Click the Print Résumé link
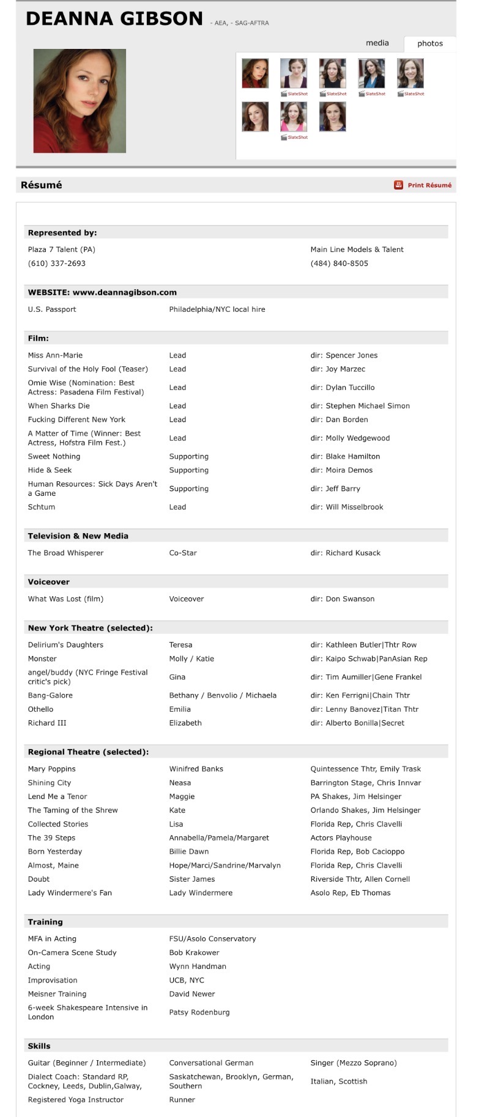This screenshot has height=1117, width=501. pyautogui.click(x=429, y=185)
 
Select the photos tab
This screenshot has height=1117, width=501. pyautogui.click(x=429, y=43)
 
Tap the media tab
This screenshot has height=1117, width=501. pyautogui.click(x=377, y=43)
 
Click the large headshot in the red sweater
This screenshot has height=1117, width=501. pyautogui.click(x=80, y=101)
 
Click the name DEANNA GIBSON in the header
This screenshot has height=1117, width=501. pyautogui.click(x=114, y=19)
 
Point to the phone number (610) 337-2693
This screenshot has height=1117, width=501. pyautogui.click(x=57, y=264)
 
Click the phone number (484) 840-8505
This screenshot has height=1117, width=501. pyautogui.click(x=339, y=264)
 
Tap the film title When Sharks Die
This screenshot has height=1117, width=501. pyautogui.click(x=59, y=406)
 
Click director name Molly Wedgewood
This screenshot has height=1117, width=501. pyautogui.click(x=357, y=438)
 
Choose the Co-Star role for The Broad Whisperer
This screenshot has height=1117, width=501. pyautogui.click(x=183, y=553)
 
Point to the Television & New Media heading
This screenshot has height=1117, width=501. pyautogui.click(x=78, y=536)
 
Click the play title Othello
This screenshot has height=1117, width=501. pyautogui.click(x=40, y=709)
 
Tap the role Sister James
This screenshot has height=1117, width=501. pyautogui.click(x=192, y=879)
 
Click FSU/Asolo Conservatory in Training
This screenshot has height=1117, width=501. pyautogui.click(x=212, y=938)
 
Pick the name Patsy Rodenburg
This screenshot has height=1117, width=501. pyautogui.click(x=199, y=1012)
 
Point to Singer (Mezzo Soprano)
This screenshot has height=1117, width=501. pyautogui.click(x=354, y=1063)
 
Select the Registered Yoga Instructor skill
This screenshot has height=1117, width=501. pyautogui.click(x=76, y=1099)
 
